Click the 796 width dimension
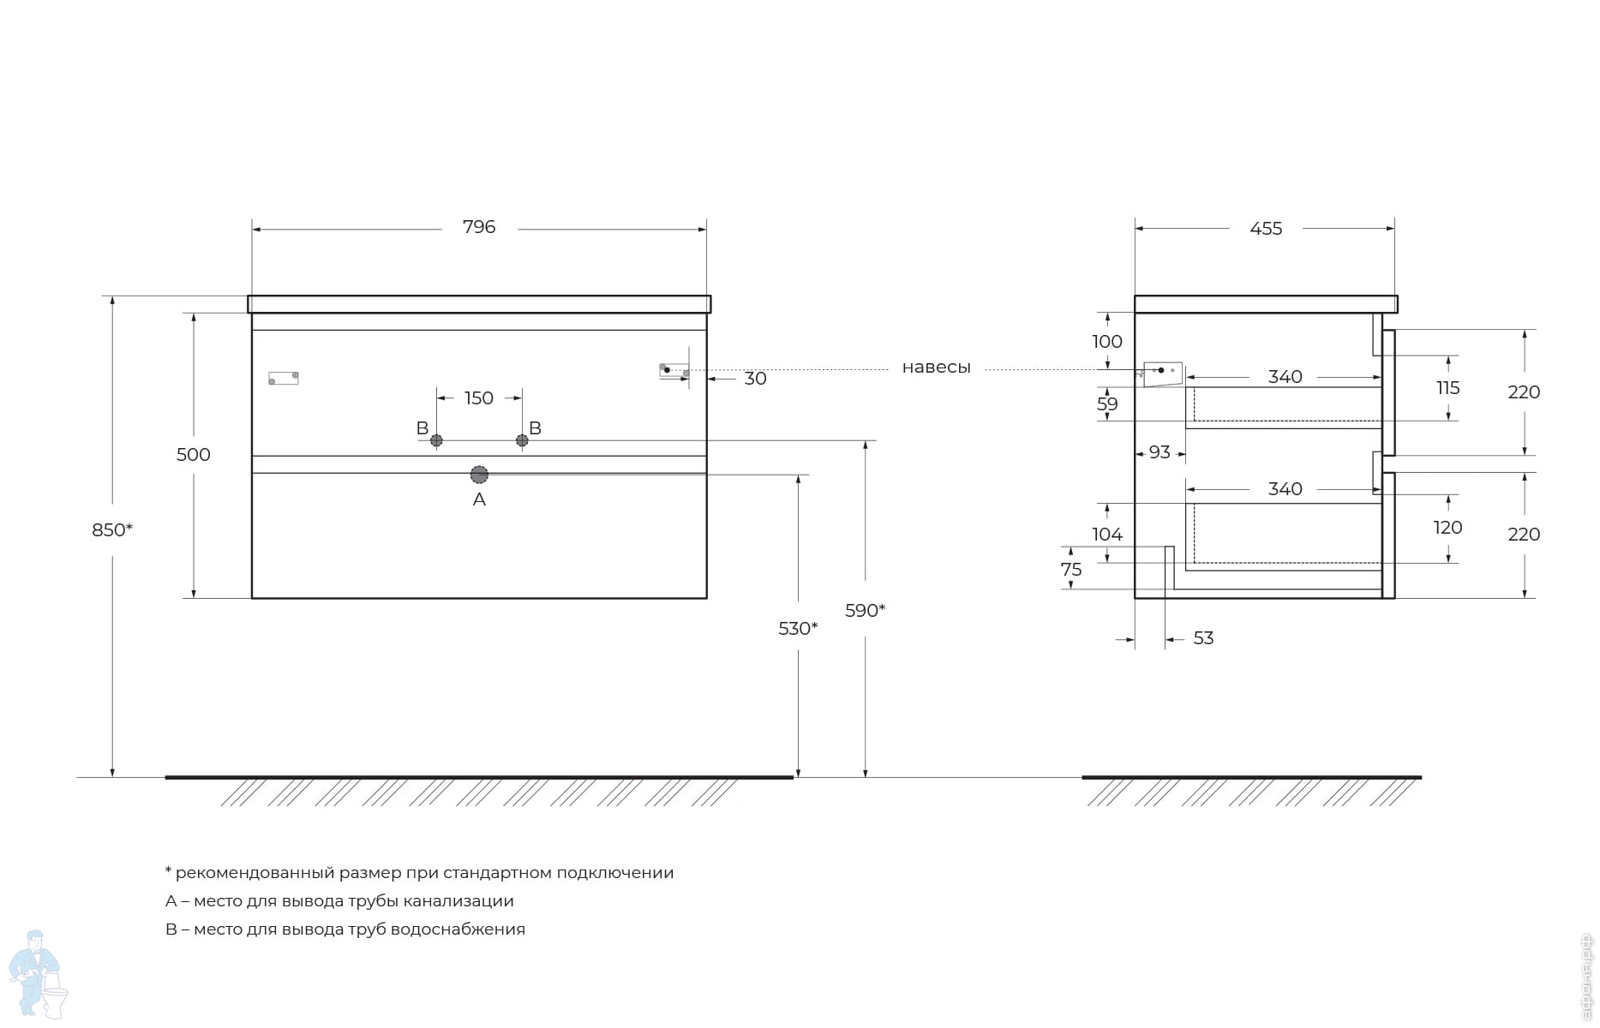pos(479,227)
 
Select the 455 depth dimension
pos(1266,229)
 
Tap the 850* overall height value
pos(112,530)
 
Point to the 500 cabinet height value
pos(194,455)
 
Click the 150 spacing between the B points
pos(479,398)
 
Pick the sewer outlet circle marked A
pos(479,475)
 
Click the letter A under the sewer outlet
pos(479,499)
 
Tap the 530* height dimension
pos(798,629)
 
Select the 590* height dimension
pos(865,611)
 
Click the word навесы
pos(937,368)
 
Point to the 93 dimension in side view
pos(1160,452)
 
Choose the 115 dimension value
pos(1448,388)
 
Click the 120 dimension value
pos(1448,528)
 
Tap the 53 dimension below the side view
pos(1203,638)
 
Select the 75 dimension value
pos(1071,570)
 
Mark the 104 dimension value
pos(1107,535)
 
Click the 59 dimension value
pos(1107,404)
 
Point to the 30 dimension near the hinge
pos(755,379)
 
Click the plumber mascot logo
pos(38,975)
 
